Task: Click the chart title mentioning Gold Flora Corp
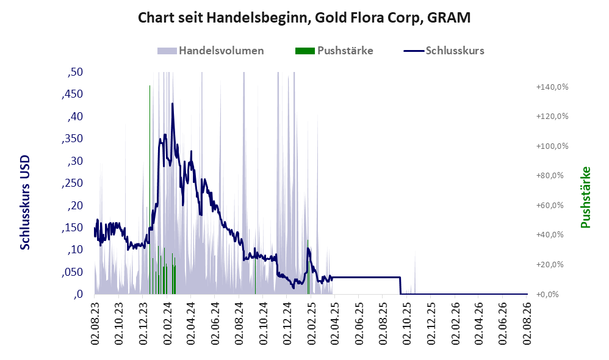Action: [304, 18]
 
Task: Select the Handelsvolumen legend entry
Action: [211, 51]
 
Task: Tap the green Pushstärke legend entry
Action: [334, 51]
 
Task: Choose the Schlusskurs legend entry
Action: [444, 51]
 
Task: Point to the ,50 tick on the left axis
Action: [75, 72]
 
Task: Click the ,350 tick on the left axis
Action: [72, 139]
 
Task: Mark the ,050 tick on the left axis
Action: [72, 272]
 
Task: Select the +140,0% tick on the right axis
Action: [552, 87]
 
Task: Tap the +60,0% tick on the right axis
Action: [550, 205]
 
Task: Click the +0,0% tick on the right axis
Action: [547, 294]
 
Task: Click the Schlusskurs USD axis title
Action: [25, 203]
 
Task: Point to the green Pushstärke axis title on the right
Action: [585, 197]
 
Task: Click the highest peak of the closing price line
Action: [172, 104]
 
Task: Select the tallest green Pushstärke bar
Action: [150, 190]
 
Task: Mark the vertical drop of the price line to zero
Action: [400, 286]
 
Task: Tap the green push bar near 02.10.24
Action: [255, 275]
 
